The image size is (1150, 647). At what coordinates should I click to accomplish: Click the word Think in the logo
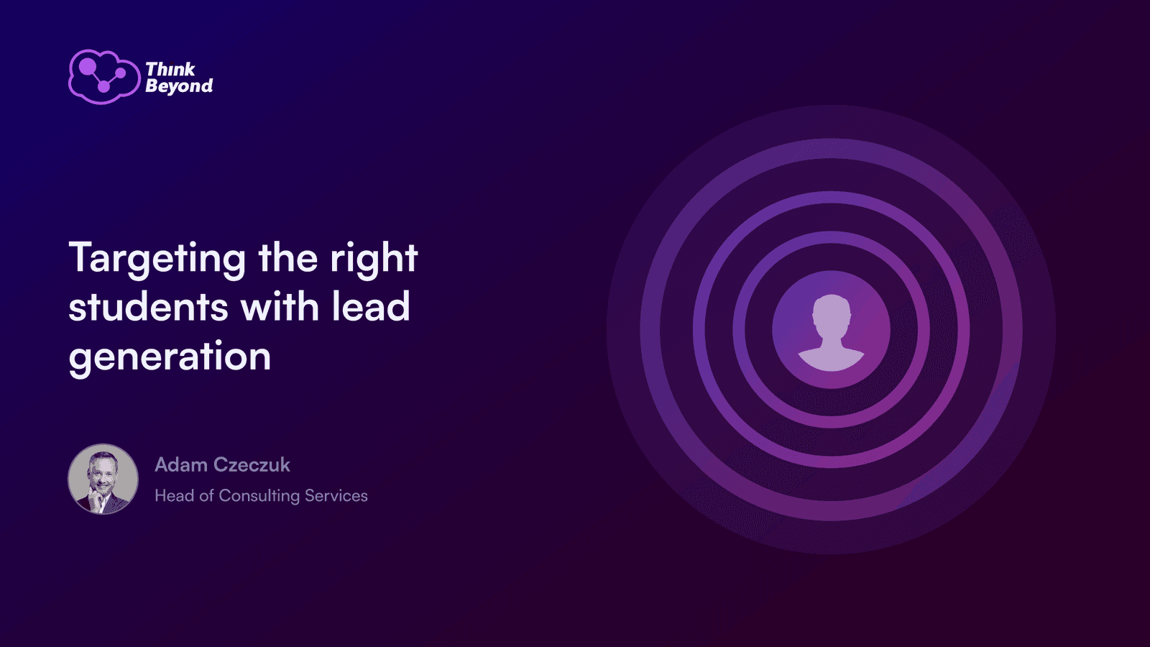170,69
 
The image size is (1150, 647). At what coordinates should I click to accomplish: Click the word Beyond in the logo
179,86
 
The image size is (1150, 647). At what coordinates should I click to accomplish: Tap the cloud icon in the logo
104,77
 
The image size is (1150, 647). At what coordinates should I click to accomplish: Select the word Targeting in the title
157,260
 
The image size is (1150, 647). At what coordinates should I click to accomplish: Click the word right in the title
374,260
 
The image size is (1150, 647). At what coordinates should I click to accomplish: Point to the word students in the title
148,306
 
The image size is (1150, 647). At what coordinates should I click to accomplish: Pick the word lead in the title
371,306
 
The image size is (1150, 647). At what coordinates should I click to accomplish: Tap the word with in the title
280,306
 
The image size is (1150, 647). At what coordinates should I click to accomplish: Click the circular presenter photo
103,479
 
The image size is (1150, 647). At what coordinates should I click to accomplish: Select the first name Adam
181,464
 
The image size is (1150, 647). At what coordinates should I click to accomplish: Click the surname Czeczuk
252,464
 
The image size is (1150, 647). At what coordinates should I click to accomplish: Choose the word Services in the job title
336,495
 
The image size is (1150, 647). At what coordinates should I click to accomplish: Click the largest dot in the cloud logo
87,66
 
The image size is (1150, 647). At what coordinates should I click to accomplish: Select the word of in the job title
206,495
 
